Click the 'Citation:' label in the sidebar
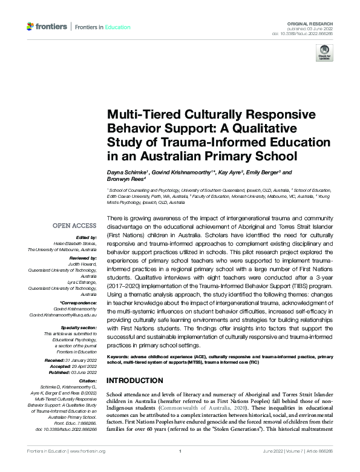point(88,381)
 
